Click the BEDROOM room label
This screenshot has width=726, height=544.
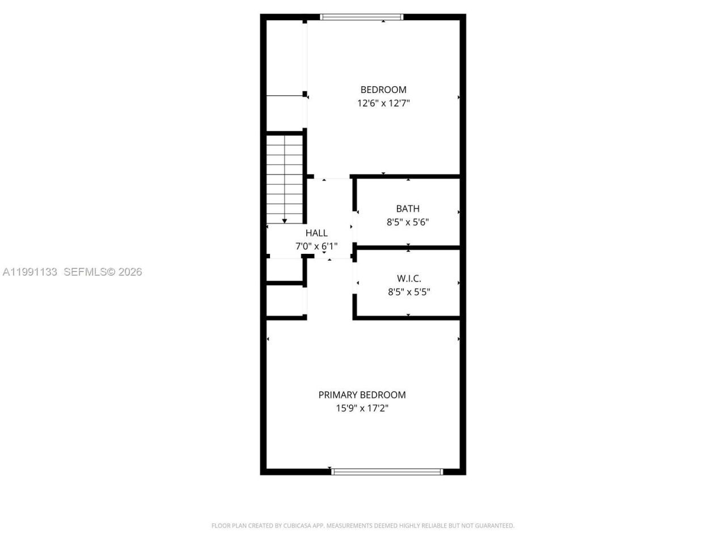point(383,90)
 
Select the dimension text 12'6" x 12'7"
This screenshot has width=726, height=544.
point(383,103)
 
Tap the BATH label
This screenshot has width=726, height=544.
point(408,209)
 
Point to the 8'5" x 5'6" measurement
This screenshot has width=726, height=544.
point(408,222)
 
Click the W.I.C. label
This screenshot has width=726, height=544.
point(408,278)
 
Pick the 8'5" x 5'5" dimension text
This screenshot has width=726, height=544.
point(408,292)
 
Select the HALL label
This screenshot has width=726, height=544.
point(316,233)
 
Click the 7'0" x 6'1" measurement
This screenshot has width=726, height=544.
point(316,246)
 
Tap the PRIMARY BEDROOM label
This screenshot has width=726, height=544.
point(362,395)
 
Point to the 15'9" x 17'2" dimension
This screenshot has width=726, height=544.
point(362,409)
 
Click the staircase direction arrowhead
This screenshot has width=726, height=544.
point(285,220)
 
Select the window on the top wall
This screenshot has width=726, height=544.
point(362,17)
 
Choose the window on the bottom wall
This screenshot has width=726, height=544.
point(387,471)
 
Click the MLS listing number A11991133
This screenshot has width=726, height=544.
point(30,272)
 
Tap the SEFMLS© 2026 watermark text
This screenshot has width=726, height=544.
point(103,272)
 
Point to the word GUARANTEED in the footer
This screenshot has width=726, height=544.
point(493,526)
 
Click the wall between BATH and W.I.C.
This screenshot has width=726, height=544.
point(407,248)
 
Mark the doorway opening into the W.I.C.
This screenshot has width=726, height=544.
point(355,283)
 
